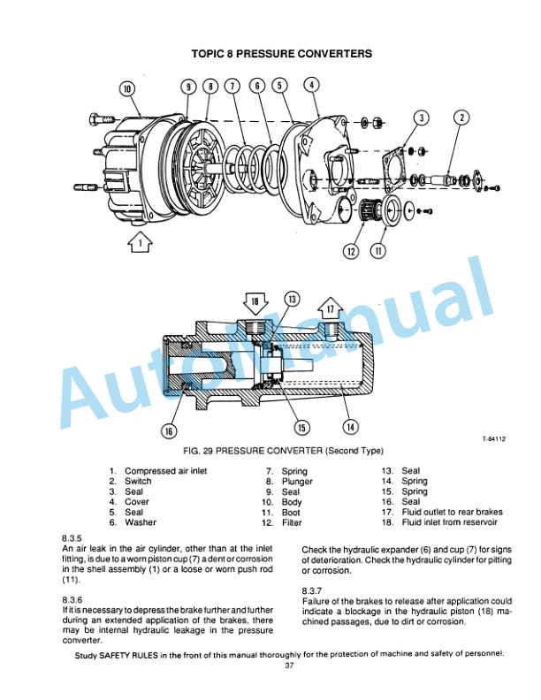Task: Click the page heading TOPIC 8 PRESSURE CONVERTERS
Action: point(281,54)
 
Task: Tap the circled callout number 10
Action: point(126,89)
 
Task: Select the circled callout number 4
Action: point(312,85)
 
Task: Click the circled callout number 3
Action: point(423,118)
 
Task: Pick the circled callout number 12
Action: point(351,251)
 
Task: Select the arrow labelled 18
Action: point(256,306)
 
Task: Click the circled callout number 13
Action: point(291,300)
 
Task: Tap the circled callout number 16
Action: point(168,430)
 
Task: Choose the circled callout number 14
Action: point(350,427)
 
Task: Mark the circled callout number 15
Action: point(301,428)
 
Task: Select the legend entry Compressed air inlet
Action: point(165,471)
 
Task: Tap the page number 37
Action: point(288,666)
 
